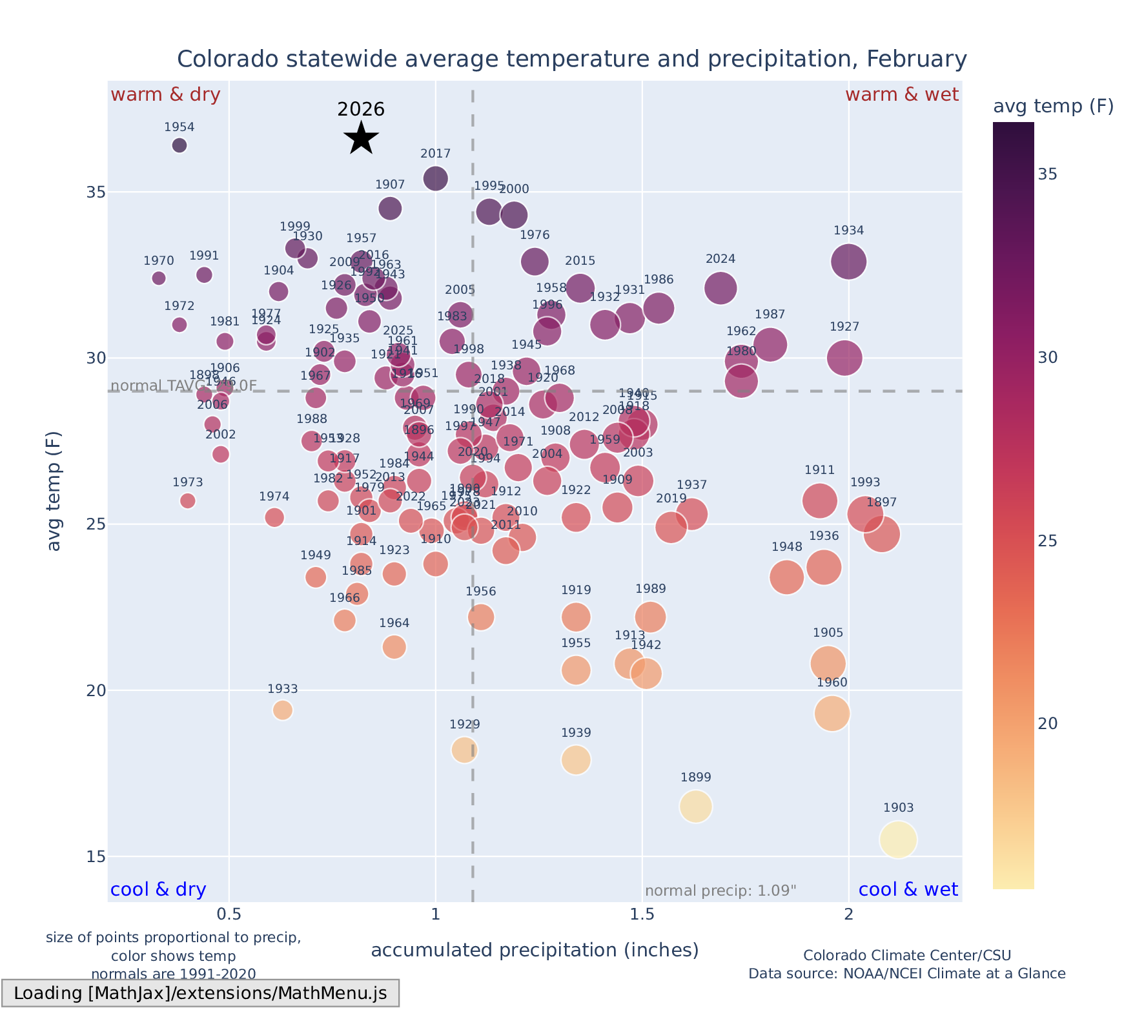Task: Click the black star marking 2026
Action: (361, 138)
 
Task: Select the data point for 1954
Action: (179, 145)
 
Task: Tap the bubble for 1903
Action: (898, 840)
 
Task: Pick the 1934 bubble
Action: (848, 262)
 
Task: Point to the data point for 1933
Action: (283, 710)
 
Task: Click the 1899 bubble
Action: (695, 807)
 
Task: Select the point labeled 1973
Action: (188, 500)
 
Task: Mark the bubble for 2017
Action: (436, 178)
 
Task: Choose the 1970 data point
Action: (159, 278)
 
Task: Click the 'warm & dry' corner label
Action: (165, 95)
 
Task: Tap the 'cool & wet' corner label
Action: (908, 890)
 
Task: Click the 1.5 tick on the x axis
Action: (642, 914)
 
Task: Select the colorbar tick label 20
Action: (1047, 724)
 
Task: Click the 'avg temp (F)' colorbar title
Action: (1053, 107)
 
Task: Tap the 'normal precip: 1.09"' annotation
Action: (720, 891)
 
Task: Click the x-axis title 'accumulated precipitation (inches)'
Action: (535, 951)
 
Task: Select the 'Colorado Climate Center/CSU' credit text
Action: (907, 956)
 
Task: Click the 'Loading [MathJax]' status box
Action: (200, 993)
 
